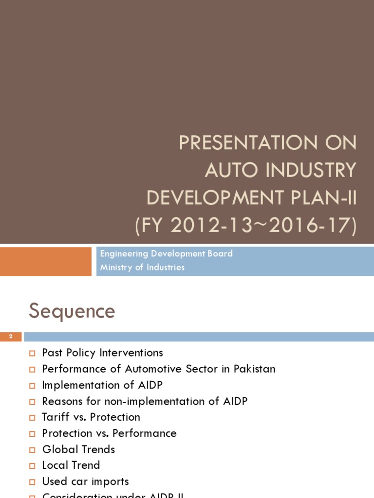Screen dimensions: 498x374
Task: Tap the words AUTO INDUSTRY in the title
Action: [280, 171]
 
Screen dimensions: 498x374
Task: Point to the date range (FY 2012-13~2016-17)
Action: [245, 226]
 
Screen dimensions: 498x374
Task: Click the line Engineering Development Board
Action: [166, 254]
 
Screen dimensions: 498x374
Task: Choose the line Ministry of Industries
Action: [142, 267]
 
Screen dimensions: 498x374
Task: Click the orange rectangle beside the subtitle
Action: [46, 262]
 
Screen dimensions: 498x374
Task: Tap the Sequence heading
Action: [72, 311]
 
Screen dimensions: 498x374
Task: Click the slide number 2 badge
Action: [11, 337]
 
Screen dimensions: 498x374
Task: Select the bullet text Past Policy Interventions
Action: [102, 353]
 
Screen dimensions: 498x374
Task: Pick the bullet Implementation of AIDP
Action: [102, 385]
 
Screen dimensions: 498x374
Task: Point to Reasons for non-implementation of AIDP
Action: [145, 401]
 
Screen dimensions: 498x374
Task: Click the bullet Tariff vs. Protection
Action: [91, 417]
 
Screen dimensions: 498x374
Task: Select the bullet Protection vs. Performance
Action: [109, 433]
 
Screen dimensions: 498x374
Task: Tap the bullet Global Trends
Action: [78, 449]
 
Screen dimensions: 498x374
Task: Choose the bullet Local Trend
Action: [71, 465]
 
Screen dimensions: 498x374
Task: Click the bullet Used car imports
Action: [85, 481]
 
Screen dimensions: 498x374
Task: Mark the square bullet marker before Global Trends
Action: [33, 450]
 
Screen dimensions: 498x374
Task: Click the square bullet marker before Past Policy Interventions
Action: [33, 354]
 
